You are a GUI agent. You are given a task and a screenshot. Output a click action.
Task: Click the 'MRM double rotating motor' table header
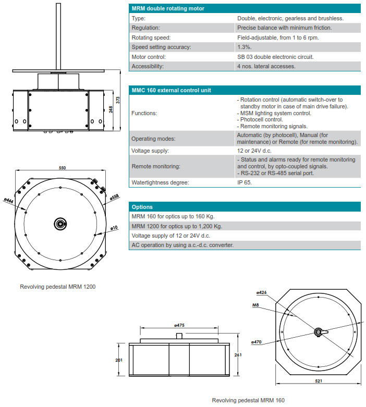pos(168,8)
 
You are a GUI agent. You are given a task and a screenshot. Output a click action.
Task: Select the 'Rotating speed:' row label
pos(151,38)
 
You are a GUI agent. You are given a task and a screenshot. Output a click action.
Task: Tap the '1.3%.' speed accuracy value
pos(245,47)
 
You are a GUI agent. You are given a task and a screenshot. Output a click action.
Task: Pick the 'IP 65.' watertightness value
pos(246,182)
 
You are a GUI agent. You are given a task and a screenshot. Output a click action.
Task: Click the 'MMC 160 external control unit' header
pos(171,90)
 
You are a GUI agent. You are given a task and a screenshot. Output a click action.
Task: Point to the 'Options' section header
pos(142,207)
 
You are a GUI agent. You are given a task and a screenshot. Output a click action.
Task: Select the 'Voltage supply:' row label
pos(150,151)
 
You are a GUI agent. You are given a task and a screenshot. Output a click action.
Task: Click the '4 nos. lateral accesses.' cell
pos(266,66)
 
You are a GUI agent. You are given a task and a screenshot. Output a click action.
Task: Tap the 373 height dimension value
pos(117,101)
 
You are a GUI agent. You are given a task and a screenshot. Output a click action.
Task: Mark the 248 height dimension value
pos(111,110)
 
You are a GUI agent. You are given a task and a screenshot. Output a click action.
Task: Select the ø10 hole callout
pos(114,228)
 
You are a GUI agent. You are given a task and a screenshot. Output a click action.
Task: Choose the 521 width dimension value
pos(319,381)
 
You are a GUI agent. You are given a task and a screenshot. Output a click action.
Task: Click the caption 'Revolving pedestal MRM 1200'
pos(58,287)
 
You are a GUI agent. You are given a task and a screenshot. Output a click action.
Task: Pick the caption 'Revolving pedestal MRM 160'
pos(248,400)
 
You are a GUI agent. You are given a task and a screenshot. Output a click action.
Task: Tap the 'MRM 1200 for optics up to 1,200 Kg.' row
pos(177,226)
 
